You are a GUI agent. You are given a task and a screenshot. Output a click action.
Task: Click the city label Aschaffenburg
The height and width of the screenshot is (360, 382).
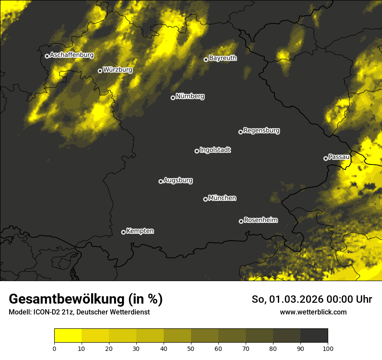click(72, 55)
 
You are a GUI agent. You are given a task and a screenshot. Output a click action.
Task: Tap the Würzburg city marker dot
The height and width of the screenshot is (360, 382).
click(100, 71)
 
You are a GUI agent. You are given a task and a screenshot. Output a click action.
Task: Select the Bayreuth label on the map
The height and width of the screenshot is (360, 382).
click(223, 58)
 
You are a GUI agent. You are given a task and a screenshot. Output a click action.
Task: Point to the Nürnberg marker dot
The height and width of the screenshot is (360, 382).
click(173, 98)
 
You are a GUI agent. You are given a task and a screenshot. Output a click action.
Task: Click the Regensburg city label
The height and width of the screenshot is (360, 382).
click(261, 130)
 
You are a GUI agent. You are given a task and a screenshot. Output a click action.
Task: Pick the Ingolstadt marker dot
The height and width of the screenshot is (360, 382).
click(197, 151)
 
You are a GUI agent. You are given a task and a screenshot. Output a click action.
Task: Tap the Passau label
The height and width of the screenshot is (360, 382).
click(339, 157)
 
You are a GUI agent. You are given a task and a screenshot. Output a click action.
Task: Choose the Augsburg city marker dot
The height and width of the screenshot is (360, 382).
click(161, 181)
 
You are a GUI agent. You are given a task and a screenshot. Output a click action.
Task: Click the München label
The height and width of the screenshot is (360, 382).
click(222, 198)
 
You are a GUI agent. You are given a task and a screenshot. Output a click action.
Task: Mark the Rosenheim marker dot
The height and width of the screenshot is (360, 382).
click(241, 221)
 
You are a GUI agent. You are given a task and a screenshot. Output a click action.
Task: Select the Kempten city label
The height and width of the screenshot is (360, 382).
click(140, 231)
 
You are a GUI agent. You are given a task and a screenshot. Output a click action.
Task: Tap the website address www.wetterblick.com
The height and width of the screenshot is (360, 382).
click(313, 312)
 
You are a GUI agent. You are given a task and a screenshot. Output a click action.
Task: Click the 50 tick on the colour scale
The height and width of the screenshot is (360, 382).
click(191, 348)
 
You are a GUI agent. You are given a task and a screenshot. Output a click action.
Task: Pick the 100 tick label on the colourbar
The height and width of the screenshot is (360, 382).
click(328, 348)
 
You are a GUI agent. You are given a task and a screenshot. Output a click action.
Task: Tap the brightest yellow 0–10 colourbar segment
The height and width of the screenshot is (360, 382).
click(68, 335)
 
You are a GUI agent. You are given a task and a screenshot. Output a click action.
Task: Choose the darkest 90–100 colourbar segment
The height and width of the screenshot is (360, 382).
click(314, 335)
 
